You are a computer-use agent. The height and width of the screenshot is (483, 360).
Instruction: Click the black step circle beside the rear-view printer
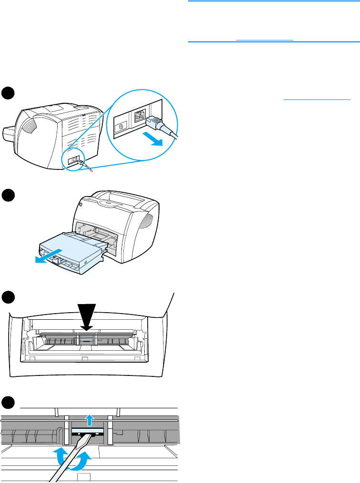(7, 93)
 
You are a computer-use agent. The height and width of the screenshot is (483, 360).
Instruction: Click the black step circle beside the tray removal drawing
(7, 196)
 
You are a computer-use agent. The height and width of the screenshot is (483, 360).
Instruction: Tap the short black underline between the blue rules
(265, 40)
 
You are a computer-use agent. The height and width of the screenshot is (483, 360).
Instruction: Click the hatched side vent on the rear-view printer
(30, 127)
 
